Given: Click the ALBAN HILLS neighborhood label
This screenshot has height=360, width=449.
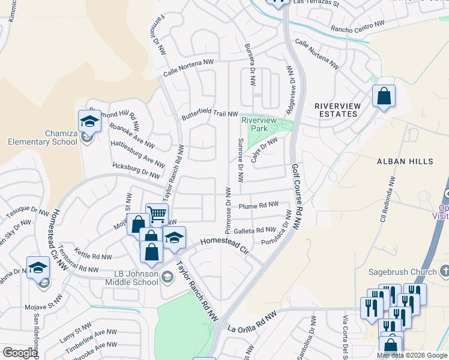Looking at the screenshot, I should click(x=405, y=162).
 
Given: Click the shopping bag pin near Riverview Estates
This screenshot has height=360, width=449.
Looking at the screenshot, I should click(x=384, y=96).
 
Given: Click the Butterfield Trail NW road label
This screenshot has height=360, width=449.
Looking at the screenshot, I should click(x=210, y=115).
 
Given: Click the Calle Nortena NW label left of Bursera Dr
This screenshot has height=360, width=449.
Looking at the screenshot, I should click(x=188, y=68).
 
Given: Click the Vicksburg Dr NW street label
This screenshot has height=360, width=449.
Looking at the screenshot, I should click(x=136, y=170).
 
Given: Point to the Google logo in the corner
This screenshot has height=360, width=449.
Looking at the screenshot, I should click(x=20, y=353).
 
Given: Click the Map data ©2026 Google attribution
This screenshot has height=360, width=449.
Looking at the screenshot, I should click(x=411, y=355).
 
